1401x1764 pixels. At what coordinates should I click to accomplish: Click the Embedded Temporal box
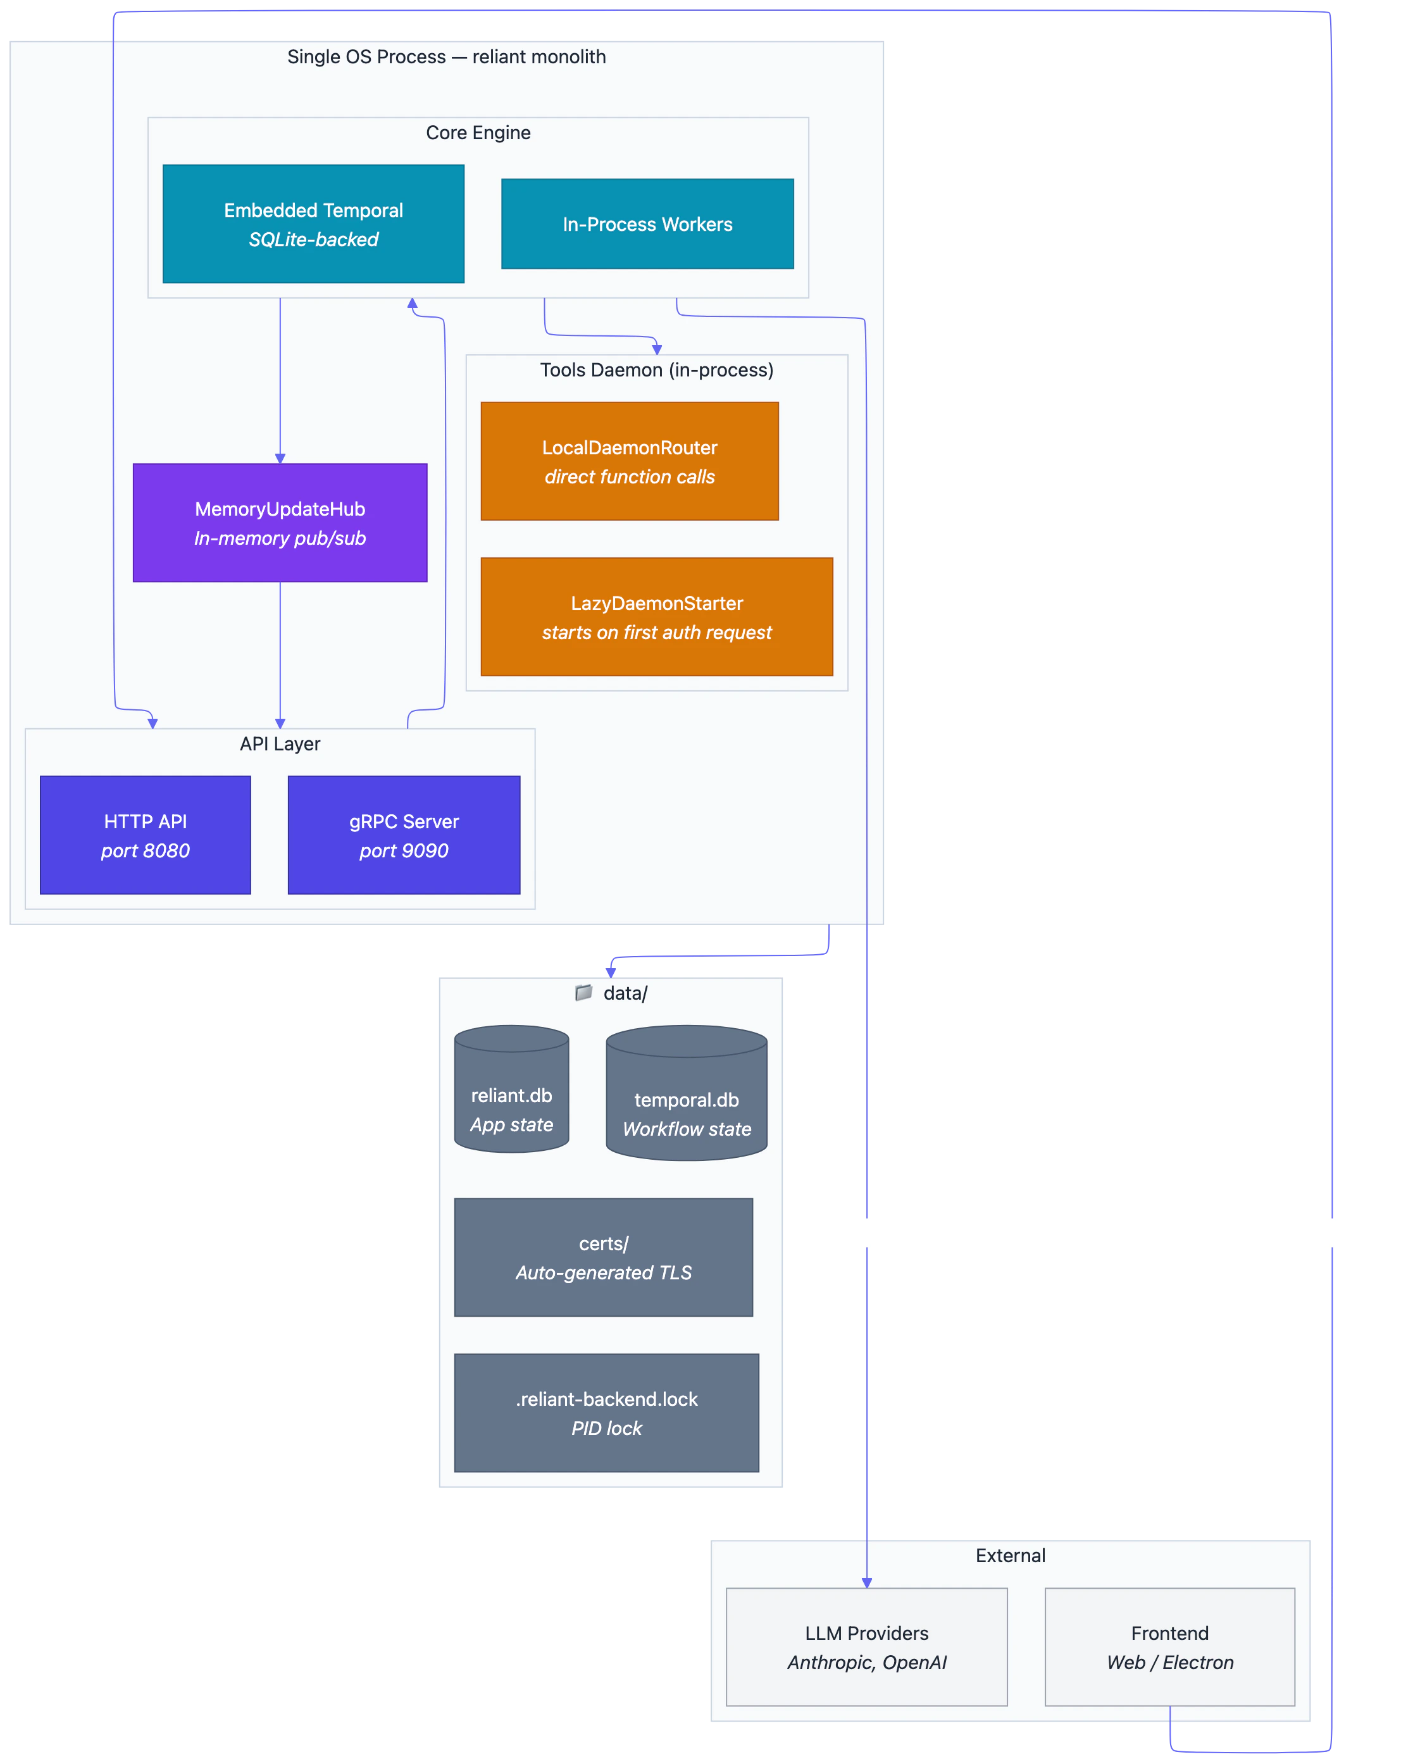pyautogui.click(x=313, y=224)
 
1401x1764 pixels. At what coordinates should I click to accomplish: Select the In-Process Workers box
pyautogui.click(x=647, y=224)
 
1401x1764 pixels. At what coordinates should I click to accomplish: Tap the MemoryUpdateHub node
pyautogui.click(x=280, y=523)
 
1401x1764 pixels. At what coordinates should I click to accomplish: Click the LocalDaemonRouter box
pyautogui.click(x=629, y=461)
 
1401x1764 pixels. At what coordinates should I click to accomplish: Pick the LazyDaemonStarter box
pyautogui.click(x=656, y=617)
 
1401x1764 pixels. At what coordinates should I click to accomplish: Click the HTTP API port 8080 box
pyautogui.click(x=145, y=835)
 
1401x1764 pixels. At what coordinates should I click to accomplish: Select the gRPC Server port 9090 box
pyautogui.click(x=404, y=835)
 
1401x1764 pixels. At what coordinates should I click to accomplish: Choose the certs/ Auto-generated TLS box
pyautogui.click(x=603, y=1258)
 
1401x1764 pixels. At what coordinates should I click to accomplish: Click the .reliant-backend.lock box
pyautogui.click(x=606, y=1413)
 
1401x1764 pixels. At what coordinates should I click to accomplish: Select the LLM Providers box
pyautogui.click(x=867, y=1647)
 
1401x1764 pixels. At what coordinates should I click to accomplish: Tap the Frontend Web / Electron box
pyautogui.click(x=1169, y=1647)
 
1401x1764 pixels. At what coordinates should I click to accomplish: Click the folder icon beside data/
pyautogui.click(x=583, y=993)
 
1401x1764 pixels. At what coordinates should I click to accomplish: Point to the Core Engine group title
pyautogui.click(x=478, y=132)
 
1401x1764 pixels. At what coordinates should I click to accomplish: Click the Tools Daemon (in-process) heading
pyautogui.click(x=656, y=370)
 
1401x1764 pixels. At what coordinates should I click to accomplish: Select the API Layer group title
pyautogui.click(x=280, y=743)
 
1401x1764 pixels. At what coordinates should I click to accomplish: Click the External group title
pyautogui.click(x=1010, y=1555)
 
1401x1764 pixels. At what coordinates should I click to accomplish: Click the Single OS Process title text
pyautogui.click(x=446, y=56)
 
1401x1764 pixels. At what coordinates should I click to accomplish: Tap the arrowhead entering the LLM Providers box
pyautogui.click(x=867, y=1582)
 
